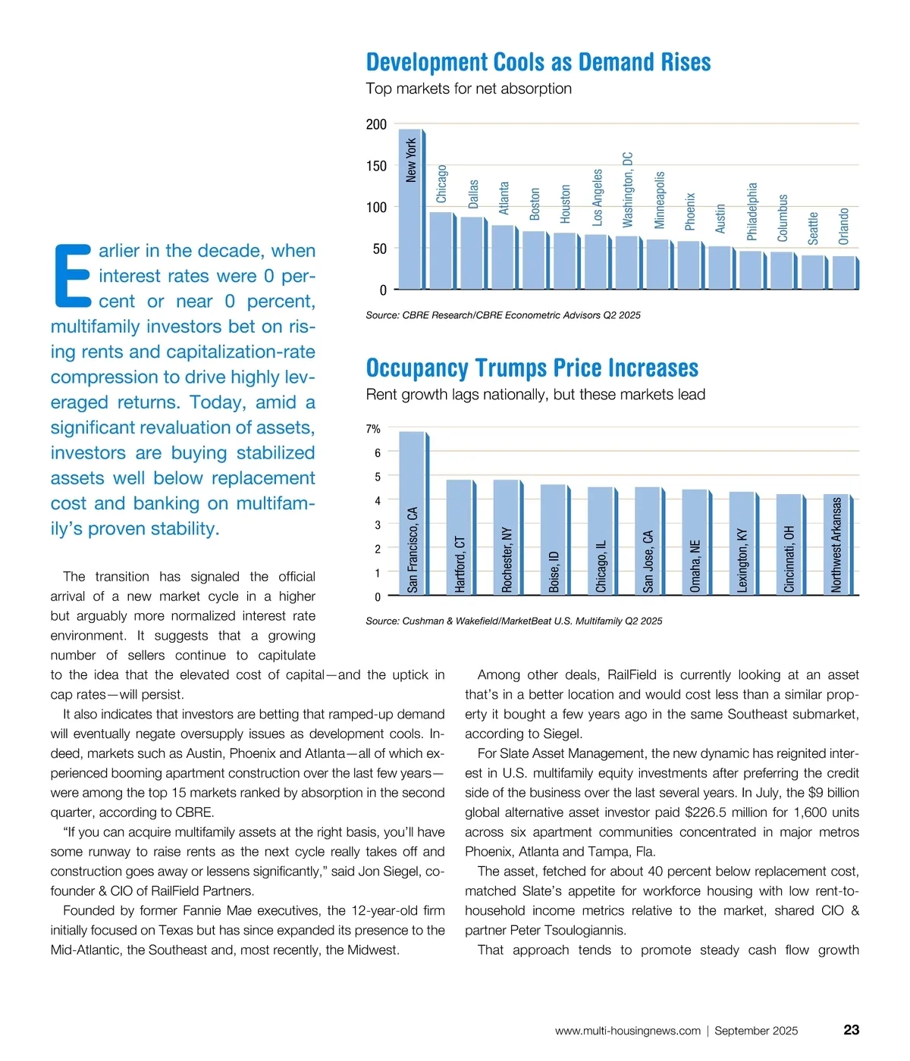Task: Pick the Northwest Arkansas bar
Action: point(836,545)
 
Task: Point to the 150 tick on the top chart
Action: point(376,166)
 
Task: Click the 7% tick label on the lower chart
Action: point(373,429)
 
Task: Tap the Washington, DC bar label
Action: point(628,190)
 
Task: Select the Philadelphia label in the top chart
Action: point(752,211)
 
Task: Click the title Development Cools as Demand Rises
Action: point(538,62)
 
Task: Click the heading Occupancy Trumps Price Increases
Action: point(532,368)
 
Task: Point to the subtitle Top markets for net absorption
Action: point(469,89)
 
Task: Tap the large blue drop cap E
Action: point(72,276)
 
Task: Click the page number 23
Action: point(851,1030)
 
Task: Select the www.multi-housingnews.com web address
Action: point(627,1031)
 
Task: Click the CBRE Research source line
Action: point(503,315)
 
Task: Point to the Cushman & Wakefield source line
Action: point(513,621)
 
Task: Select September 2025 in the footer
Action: point(756,1031)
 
